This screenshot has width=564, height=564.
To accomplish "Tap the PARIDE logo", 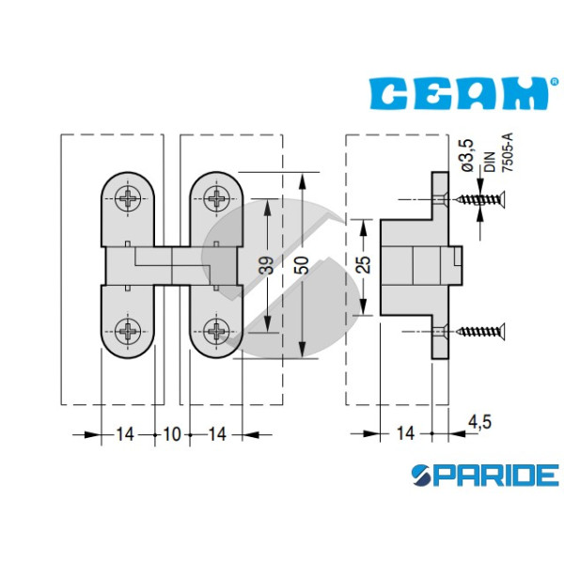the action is [485, 475].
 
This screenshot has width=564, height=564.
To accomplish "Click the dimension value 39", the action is [267, 265].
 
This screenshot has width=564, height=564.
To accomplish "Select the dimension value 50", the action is [303, 265].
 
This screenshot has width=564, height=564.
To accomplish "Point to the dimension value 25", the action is [364, 264].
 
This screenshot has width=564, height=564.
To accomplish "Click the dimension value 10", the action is [172, 434].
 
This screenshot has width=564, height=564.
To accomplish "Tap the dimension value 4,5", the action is [479, 421].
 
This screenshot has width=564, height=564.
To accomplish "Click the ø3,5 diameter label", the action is [467, 155].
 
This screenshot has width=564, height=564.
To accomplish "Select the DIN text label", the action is [490, 162].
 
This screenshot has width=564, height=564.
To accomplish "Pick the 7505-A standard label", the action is [508, 152].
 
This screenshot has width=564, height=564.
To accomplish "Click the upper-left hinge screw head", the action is [128, 198].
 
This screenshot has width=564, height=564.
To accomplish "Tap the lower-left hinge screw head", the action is [128, 331].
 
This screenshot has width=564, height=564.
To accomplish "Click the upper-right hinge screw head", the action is [216, 198].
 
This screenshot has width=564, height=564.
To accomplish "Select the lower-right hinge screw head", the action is [216, 331].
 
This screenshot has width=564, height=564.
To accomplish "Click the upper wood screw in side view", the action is [480, 199].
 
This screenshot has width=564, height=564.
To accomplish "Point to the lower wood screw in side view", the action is [480, 331].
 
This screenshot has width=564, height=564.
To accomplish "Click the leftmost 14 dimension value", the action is [125, 434].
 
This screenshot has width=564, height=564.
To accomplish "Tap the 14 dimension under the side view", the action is [405, 433].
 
